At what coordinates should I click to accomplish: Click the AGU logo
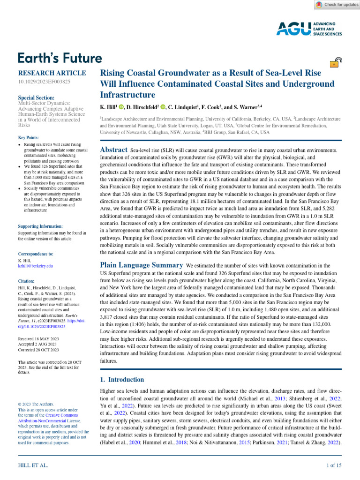click(309, 29)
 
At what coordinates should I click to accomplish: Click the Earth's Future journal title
click(60, 58)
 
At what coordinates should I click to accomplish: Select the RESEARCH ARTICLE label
click(52, 73)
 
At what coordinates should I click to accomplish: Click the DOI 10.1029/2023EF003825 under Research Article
click(44, 82)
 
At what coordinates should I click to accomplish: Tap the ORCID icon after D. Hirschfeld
click(164, 107)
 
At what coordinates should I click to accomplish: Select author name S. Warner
click(246, 107)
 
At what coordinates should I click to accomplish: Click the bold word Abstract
click(113, 150)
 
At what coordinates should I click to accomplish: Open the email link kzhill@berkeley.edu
click(35, 265)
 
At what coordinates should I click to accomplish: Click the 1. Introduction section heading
click(122, 379)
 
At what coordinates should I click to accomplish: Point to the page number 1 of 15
click(334, 465)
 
